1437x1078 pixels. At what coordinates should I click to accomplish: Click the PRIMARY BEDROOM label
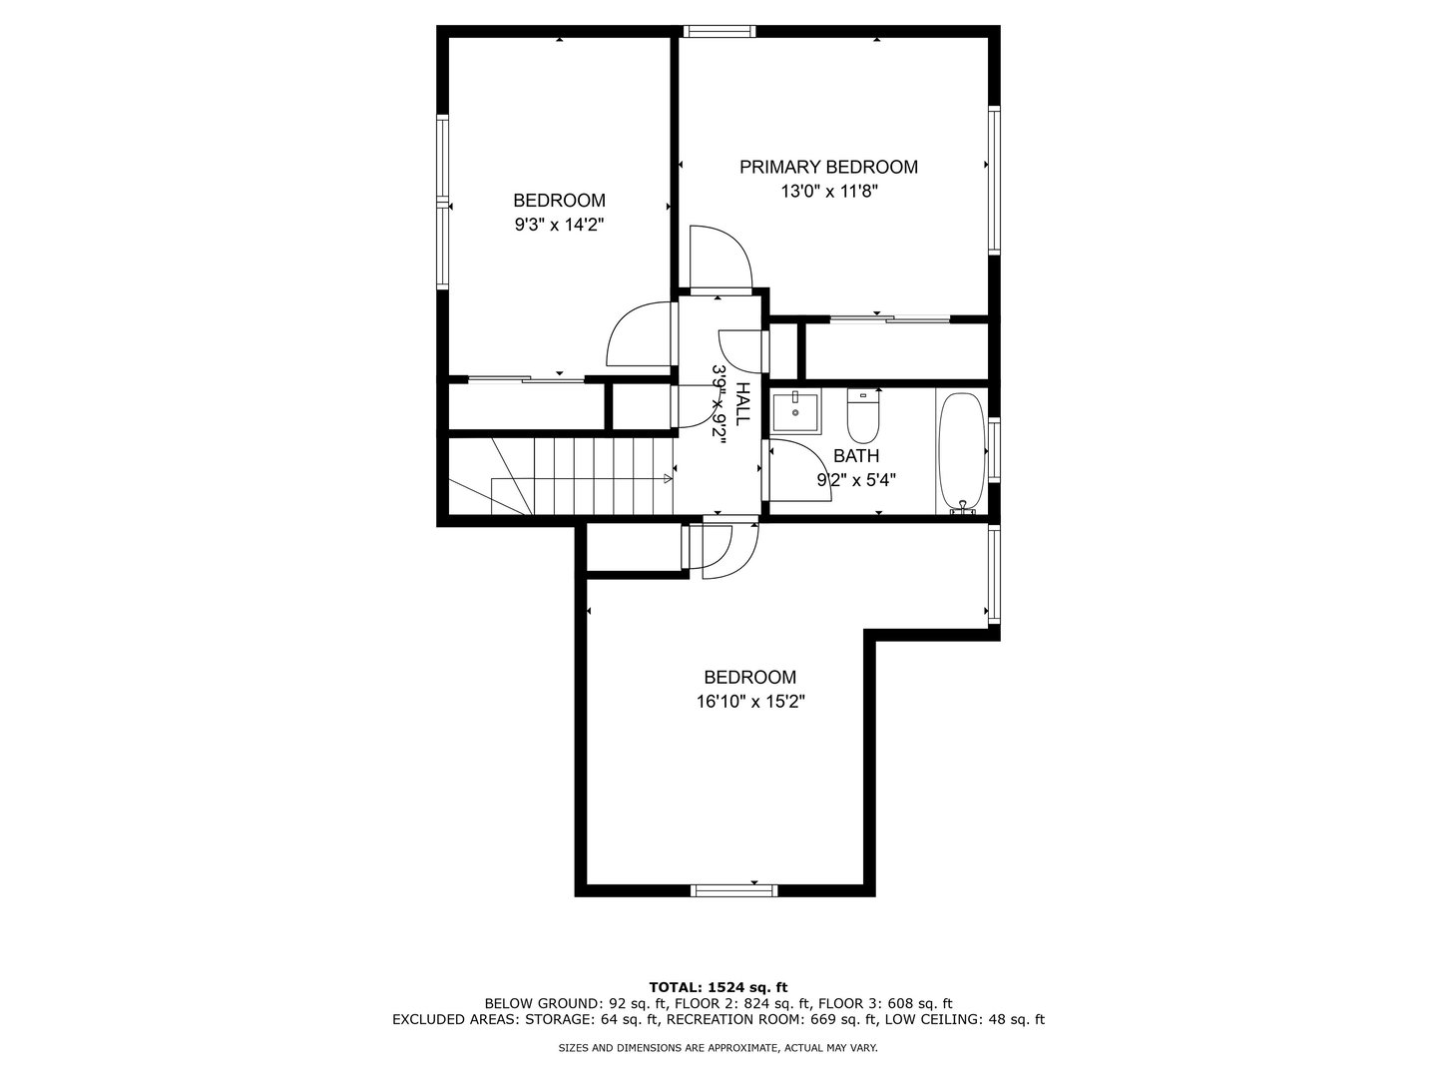[828, 167]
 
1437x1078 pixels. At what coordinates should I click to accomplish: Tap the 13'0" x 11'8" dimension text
[829, 192]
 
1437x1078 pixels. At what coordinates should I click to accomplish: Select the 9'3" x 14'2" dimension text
[559, 226]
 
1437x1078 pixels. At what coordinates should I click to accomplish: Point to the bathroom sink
[795, 412]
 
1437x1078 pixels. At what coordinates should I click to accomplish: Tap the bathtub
[962, 451]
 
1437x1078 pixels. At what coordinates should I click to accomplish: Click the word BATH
[855, 455]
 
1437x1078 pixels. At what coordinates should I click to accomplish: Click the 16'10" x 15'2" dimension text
[750, 703]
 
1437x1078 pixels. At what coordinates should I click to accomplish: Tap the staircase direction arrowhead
[668, 478]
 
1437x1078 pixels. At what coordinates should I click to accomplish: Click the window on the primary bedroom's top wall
[719, 31]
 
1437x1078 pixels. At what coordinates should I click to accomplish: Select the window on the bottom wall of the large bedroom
[734, 890]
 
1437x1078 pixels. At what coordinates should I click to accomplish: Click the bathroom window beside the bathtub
[994, 449]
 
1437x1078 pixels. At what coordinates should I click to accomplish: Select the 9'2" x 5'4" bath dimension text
[855, 480]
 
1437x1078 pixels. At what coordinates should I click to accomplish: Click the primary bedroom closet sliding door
[890, 318]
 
